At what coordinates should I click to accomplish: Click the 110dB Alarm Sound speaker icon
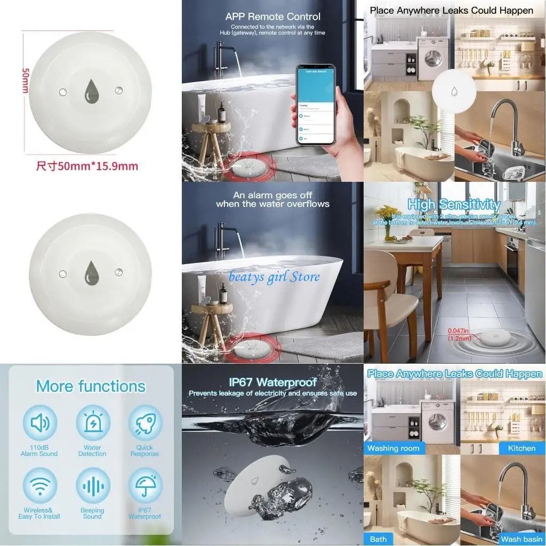click(39, 423)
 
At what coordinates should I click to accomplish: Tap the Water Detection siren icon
click(92, 423)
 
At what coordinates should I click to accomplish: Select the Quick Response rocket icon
click(145, 423)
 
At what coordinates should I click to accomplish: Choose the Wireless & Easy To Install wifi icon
click(39, 486)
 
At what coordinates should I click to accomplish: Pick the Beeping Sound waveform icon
click(92, 486)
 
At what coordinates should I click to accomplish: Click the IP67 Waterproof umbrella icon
click(145, 486)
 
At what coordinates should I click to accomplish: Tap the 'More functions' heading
click(91, 386)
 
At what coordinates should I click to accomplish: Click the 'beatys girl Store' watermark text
click(274, 276)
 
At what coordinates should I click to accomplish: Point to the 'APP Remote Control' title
click(272, 17)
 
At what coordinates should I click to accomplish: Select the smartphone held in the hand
click(316, 106)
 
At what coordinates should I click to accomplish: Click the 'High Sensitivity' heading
click(454, 204)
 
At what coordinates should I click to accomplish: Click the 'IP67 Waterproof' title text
click(272, 382)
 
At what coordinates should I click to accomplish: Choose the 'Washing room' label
click(393, 448)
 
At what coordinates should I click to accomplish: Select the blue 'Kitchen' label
click(521, 448)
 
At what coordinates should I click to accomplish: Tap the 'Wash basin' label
click(521, 539)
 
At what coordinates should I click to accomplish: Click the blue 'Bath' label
click(378, 539)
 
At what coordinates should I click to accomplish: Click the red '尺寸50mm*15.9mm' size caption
click(87, 166)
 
